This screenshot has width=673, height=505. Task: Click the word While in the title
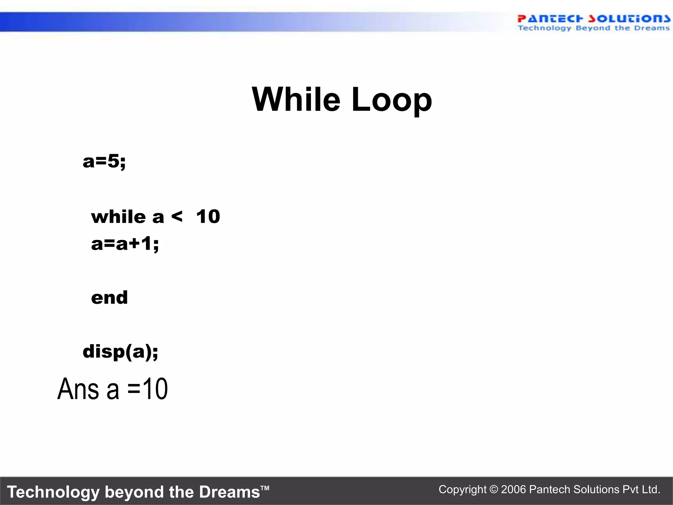click(296, 99)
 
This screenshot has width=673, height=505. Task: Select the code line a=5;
click(104, 161)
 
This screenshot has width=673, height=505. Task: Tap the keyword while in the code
click(118, 217)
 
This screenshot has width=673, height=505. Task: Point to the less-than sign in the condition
click(177, 216)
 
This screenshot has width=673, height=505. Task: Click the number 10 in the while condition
click(208, 217)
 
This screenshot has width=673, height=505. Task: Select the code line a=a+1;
click(125, 244)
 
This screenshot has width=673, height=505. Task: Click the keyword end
click(109, 298)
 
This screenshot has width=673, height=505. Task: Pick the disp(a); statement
click(120, 352)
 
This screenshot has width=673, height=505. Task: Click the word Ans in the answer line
click(78, 389)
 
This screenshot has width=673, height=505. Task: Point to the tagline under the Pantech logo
click(593, 28)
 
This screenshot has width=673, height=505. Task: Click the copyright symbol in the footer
click(494, 490)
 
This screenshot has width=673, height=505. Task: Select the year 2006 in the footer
click(514, 490)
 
